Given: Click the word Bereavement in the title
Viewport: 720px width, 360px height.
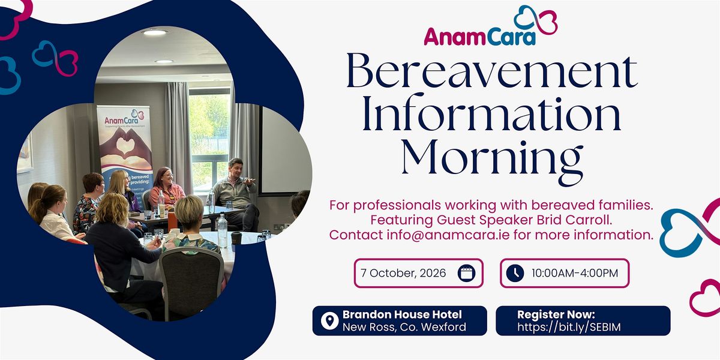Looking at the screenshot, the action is (x=492, y=71).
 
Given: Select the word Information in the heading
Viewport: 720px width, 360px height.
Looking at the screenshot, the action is (x=491, y=113).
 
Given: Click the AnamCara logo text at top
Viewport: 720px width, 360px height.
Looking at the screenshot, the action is (x=479, y=37).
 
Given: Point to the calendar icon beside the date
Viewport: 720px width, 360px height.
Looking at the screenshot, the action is (x=466, y=273).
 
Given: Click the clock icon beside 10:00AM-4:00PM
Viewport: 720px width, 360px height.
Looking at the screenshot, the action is (x=515, y=273).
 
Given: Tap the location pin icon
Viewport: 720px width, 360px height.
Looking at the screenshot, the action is (x=329, y=321).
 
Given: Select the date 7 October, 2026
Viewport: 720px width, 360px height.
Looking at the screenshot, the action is (x=403, y=273).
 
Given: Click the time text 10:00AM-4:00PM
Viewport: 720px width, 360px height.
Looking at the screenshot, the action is (x=575, y=273).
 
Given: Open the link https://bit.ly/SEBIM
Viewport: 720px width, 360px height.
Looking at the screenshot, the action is (x=569, y=327).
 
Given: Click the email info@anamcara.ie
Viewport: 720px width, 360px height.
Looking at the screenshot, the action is (x=448, y=235).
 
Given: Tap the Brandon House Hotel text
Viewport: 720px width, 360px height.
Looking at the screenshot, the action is (x=402, y=314).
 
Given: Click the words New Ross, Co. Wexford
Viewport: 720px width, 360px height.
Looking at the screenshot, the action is (x=404, y=327).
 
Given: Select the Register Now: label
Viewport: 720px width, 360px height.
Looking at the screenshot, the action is (x=556, y=314).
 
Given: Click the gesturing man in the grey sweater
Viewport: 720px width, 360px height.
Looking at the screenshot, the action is (x=237, y=193).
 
